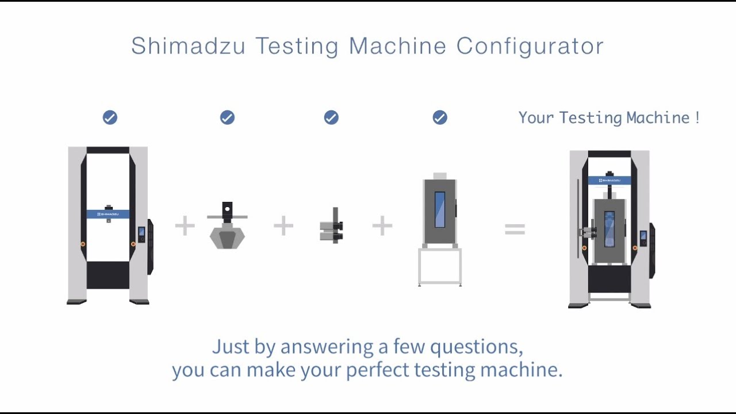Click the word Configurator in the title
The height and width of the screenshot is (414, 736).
pos(530,46)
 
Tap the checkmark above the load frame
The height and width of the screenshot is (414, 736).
pos(110,117)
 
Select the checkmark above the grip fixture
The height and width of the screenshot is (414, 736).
pos(227,117)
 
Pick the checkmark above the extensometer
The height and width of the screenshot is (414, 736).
pos(331,117)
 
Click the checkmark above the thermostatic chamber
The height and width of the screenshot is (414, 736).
pos(440,117)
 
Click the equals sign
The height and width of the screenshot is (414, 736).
pos(515,229)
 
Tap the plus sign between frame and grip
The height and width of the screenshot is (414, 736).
pos(185,226)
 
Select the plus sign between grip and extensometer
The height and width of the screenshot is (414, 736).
pos(283,226)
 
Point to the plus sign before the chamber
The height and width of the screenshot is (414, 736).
pos(382,226)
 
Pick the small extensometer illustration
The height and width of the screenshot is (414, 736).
pos(332,225)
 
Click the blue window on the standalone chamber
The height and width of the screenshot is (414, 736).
pos(440,209)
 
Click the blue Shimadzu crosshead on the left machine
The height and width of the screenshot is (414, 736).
pos(108,214)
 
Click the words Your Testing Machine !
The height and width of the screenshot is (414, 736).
pos(609,118)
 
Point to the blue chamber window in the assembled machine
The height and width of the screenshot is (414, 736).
pos(609,229)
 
